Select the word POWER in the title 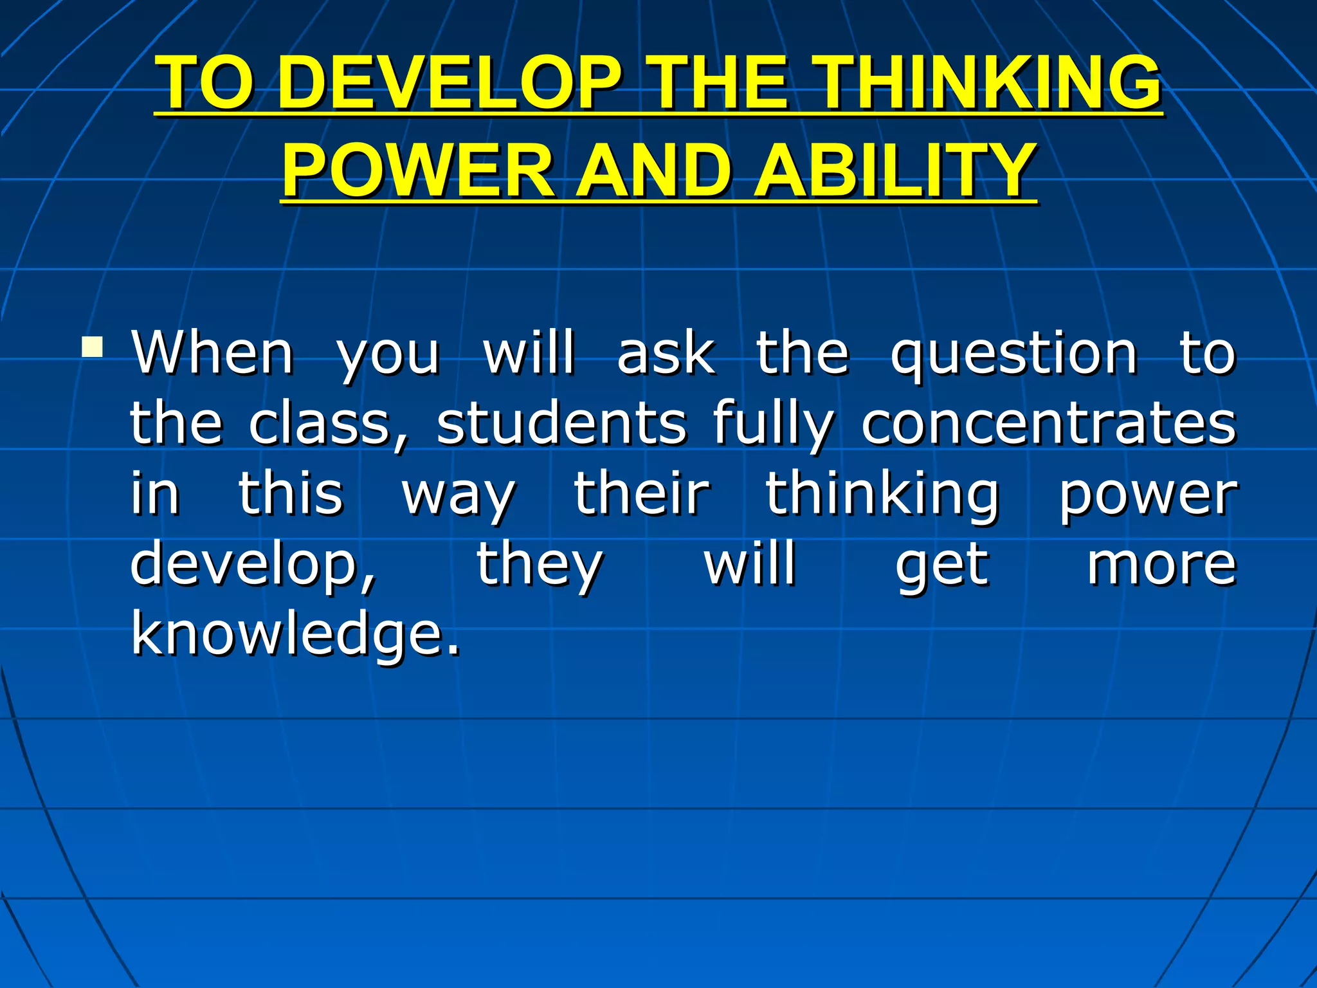[418, 170]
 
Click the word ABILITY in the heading [894, 170]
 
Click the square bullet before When [93, 347]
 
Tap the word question [1013, 354]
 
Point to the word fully [772, 425]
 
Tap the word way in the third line [458, 495]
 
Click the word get [941, 566]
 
